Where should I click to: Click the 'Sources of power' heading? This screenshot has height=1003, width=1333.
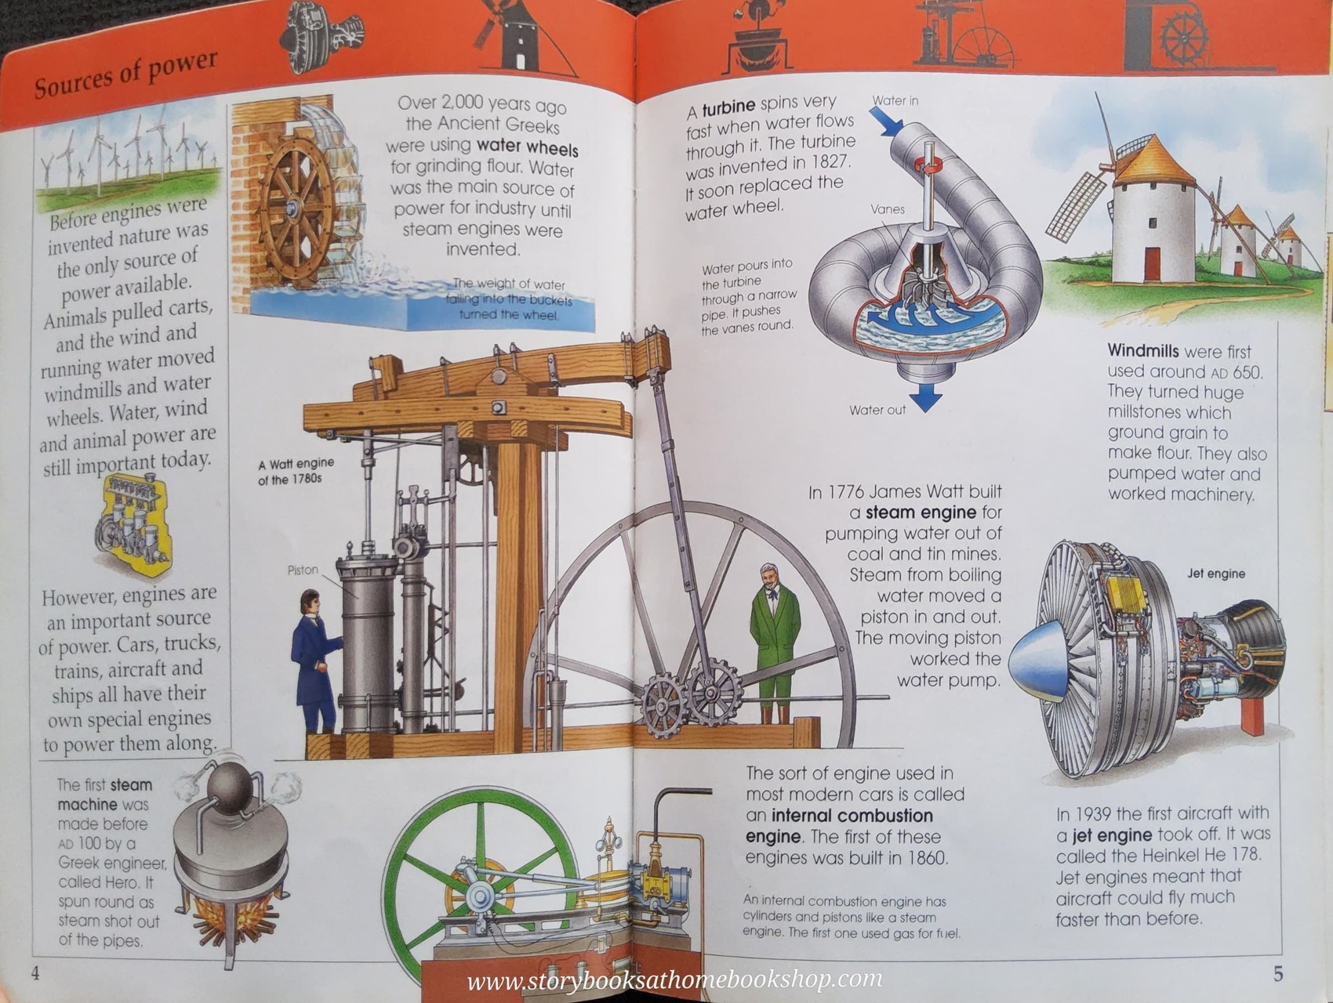click(x=125, y=75)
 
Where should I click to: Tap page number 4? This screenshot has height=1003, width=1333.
click(x=35, y=973)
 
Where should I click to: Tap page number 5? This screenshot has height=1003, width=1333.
click(x=1278, y=974)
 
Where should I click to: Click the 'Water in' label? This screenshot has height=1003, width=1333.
click(x=895, y=101)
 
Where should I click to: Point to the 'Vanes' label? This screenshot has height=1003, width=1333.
click(x=887, y=209)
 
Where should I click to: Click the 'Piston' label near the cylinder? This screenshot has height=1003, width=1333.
click(x=303, y=570)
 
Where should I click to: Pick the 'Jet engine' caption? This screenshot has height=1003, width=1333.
click(x=1215, y=574)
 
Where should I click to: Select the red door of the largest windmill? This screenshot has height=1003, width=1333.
click(x=1152, y=264)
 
